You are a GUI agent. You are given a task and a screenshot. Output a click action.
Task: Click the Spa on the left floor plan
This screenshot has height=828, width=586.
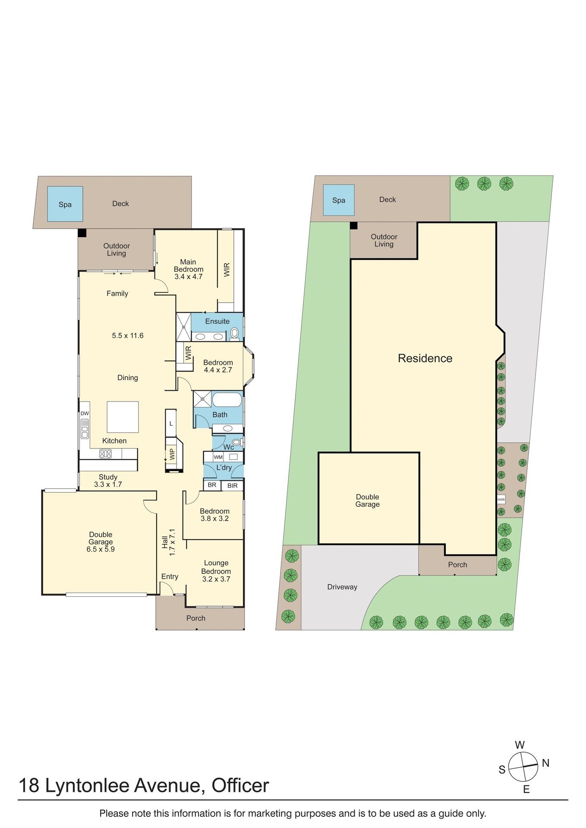tap(65, 204)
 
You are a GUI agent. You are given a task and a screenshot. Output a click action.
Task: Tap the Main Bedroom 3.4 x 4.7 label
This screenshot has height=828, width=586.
tap(189, 269)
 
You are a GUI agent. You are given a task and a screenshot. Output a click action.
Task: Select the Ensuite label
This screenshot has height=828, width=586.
tap(217, 321)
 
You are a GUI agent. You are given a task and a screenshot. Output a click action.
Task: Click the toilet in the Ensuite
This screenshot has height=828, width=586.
tap(234, 333)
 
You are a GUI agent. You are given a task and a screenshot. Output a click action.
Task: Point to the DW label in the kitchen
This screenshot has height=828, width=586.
tap(85, 414)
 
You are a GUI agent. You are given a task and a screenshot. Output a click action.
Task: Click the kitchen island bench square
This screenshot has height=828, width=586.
tap(123, 417)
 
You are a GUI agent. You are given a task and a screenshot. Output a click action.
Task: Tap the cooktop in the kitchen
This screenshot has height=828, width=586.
tap(106, 454)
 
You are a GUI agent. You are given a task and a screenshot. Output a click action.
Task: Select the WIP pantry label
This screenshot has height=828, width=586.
tap(172, 454)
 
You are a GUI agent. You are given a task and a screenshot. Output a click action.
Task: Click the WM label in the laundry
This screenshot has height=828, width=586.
tap(218, 457)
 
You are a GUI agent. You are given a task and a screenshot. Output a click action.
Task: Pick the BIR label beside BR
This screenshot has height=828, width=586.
tap(233, 486)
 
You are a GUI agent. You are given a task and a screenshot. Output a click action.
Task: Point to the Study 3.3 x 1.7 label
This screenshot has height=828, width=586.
tap(108, 481)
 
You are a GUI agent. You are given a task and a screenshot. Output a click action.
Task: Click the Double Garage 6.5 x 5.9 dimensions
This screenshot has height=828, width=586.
tap(101, 549)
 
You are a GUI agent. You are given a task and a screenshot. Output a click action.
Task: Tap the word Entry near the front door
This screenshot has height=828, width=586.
tap(170, 577)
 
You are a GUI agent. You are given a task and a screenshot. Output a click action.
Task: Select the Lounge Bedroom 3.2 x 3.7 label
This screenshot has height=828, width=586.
tap(216, 571)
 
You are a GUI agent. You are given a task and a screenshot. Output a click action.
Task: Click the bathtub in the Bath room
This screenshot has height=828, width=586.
tap(227, 400)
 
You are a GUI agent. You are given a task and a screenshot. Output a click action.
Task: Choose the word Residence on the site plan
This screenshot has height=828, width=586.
tap(425, 358)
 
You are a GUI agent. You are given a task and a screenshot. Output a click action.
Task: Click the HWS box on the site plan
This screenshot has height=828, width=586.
tap(501, 500)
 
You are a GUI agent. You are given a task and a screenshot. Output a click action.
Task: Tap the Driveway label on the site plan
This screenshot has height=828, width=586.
tap(342, 587)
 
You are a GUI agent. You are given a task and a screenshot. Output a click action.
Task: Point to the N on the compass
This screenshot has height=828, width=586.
tap(546, 763)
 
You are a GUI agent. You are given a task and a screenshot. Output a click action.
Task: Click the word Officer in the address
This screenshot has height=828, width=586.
tap(240, 786)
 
